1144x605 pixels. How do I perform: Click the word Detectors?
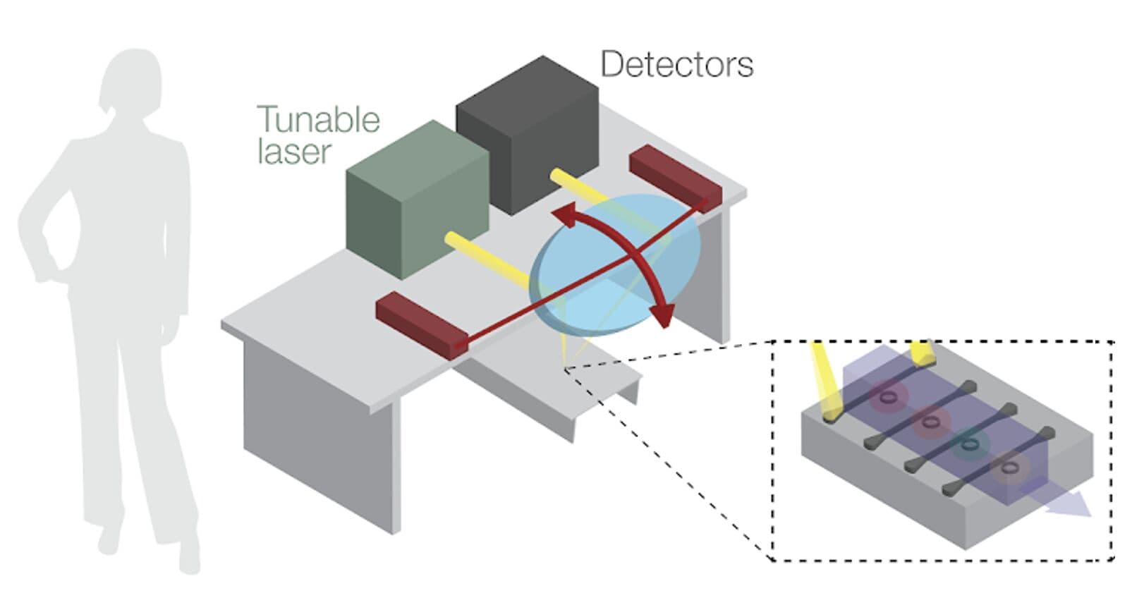[x=676, y=65]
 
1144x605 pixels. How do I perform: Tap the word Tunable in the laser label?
[x=319, y=120]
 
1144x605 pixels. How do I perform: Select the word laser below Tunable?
[x=293, y=152]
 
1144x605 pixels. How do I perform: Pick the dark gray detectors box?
[x=528, y=133]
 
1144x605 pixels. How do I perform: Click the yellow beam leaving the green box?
[x=487, y=262]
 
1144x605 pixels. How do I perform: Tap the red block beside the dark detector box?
[x=675, y=176]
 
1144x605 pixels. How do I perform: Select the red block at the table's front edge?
[x=421, y=325]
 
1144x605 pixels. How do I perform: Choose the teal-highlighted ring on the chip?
[x=971, y=444]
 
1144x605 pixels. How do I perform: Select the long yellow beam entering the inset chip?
[x=826, y=381]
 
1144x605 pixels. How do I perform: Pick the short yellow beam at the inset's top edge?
[x=922, y=353]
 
